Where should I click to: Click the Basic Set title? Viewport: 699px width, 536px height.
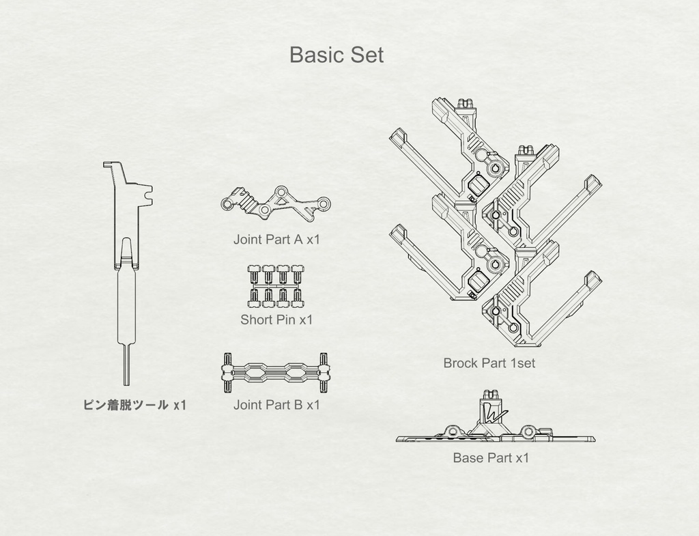pos(337,55)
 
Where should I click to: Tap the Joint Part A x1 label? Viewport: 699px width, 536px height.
pos(277,240)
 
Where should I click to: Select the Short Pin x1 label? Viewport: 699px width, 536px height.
pos(276,320)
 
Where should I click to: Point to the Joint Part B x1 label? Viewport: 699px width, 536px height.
pos(277,405)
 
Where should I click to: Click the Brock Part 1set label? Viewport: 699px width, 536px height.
pos(489,363)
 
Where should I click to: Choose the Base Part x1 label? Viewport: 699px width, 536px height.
pos(491,458)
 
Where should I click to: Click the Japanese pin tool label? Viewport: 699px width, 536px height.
pos(134,405)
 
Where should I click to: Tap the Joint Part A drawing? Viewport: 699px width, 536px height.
pos(276,203)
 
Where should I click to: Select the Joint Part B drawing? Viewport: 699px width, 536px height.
pos(276,373)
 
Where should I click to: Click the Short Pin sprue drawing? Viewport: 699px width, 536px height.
pos(276,286)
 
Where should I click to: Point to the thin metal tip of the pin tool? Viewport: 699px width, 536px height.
pos(126,365)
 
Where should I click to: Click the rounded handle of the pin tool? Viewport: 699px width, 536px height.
pos(126,307)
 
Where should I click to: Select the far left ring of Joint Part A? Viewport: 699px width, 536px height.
pos(227,204)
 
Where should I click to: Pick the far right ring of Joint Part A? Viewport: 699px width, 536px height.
pos(324,203)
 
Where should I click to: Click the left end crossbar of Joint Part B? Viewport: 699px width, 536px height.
pos(227,373)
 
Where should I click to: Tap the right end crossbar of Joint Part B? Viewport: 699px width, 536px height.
pos(324,373)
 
